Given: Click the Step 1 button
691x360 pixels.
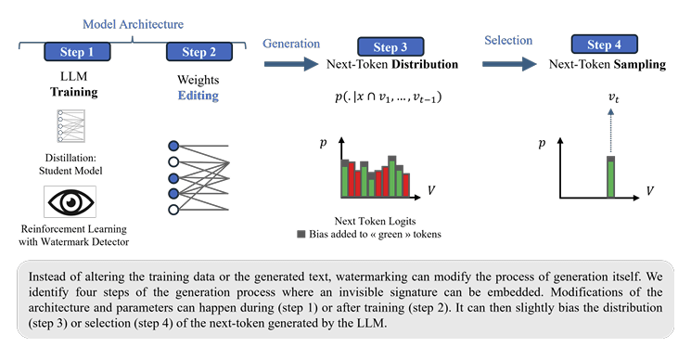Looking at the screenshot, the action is coord(77,52).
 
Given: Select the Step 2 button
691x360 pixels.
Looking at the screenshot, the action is coord(199,52).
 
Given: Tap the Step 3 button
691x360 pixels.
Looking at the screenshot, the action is coord(390,46).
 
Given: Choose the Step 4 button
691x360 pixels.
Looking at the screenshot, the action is coord(604,44).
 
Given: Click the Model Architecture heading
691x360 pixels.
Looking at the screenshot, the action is coord(133,24).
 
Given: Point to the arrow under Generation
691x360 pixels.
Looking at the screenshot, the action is coord(291,64).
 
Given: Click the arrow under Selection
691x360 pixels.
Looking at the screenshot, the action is coord(509,64).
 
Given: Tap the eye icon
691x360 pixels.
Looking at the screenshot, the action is coord(70,202).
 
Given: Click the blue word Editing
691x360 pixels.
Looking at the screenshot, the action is coord(198,96).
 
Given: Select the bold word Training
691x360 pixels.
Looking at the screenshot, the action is coord(74,92).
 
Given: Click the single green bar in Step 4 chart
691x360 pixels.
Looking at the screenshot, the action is coord(611,177).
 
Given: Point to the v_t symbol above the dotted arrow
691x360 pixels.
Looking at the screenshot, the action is coord(613,97).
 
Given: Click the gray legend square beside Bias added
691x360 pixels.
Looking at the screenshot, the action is coord(301,234).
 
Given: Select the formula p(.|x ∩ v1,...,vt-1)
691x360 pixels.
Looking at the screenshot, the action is coord(389,96).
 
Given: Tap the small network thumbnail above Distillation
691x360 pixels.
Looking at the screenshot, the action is coord(70,126).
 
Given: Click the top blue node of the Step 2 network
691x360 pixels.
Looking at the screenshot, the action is coord(173,146).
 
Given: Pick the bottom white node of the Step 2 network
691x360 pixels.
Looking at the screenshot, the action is coord(173,210).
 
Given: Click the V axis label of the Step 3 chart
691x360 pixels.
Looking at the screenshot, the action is coord(431,190).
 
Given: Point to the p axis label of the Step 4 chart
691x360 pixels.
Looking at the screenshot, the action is coord(542,144).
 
